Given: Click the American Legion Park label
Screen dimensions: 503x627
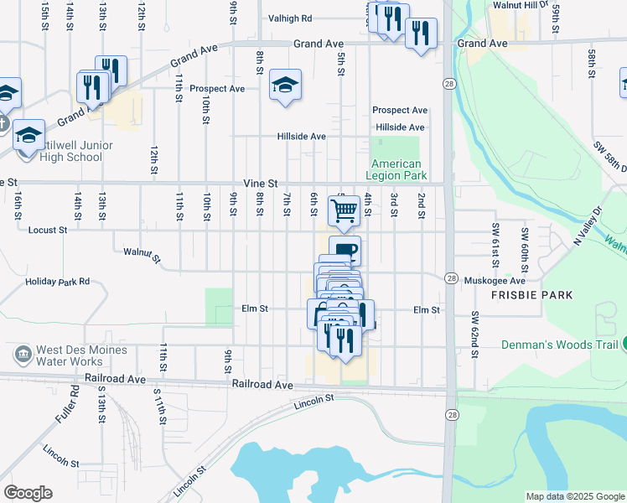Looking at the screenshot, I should [x=396, y=169].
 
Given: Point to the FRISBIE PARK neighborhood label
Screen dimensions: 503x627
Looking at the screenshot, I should [x=533, y=295].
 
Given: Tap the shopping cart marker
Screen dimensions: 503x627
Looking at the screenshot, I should [x=344, y=210].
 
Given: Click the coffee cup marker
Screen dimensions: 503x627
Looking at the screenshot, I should [x=345, y=250].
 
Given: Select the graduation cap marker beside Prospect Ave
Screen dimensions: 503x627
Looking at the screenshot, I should [x=286, y=86].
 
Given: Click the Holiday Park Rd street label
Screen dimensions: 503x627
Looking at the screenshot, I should [x=57, y=282].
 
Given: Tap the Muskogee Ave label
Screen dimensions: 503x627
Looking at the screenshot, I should [x=495, y=281].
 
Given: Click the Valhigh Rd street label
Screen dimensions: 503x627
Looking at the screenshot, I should [x=290, y=18].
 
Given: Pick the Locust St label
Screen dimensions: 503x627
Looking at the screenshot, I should [x=47, y=229].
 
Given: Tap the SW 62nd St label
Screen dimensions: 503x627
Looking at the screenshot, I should [x=474, y=334].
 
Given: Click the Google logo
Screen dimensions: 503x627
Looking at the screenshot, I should [x=28, y=492].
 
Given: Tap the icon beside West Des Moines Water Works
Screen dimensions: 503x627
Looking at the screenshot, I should [x=23, y=355].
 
